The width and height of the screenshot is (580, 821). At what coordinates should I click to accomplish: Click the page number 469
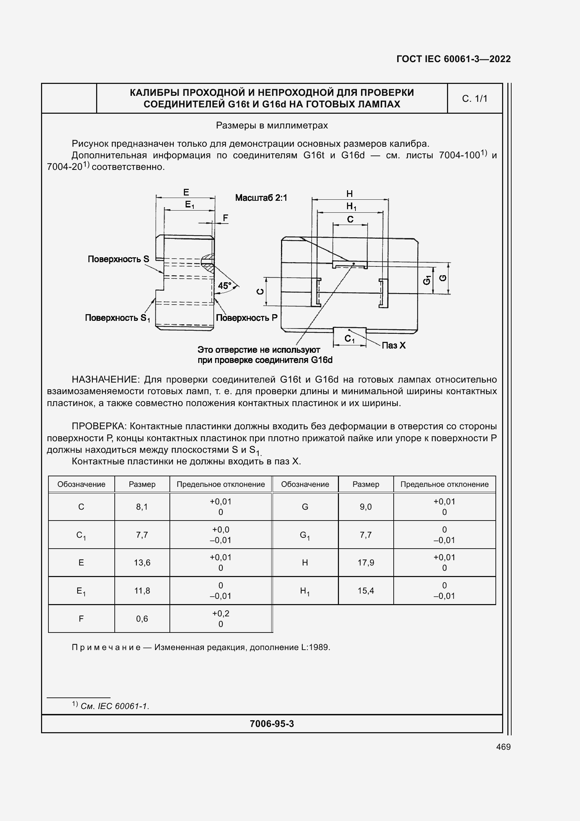[x=503, y=747]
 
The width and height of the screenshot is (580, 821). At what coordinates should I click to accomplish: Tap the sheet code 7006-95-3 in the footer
[x=272, y=723]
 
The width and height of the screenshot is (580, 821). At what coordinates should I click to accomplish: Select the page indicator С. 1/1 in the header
[x=474, y=99]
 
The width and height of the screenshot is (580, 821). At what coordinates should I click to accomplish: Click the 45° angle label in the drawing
[x=225, y=286]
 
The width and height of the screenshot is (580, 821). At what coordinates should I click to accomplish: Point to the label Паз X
[x=393, y=345]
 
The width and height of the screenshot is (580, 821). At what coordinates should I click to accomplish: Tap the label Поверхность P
[x=247, y=318]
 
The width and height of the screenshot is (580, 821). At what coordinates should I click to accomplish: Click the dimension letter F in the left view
[x=225, y=218]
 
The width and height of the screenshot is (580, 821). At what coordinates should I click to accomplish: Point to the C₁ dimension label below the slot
[x=349, y=339]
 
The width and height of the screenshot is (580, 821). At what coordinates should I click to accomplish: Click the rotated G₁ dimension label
[x=427, y=280]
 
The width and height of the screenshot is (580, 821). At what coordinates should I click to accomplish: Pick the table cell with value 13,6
[x=142, y=562]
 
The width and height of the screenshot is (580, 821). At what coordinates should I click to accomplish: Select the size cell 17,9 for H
[x=366, y=562]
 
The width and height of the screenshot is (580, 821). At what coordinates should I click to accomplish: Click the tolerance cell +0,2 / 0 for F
[x=220, y=618]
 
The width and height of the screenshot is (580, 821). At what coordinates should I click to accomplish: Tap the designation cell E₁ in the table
[x=81, y=591]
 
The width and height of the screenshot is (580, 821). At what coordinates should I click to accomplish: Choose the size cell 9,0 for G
[x=366, y=507]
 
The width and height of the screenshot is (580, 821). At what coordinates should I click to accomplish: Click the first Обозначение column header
[x=81, y=484]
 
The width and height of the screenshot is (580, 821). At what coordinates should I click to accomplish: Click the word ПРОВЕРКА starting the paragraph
[x=99, y=426]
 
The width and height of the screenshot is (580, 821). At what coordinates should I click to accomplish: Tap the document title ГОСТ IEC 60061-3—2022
[x=453, y=59]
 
